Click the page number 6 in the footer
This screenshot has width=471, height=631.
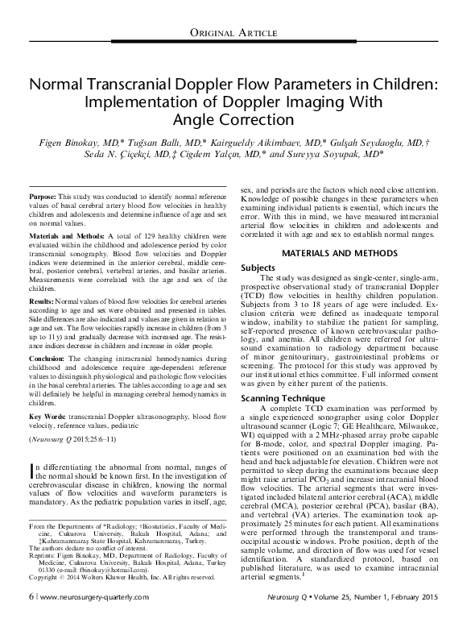click(31, 618)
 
